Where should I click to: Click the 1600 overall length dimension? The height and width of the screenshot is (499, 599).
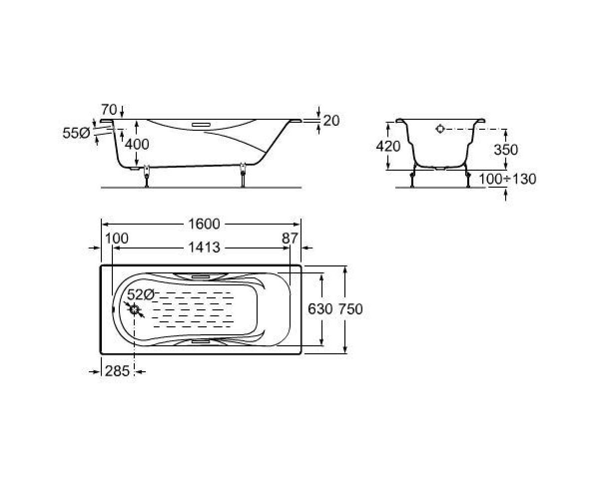pyautogui.click(x=204, y=224)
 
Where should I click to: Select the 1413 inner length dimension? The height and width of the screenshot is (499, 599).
pyautogui.click(x=204, y=248)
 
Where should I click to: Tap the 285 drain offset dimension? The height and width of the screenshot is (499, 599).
pyautogui.click(x=117, y=371)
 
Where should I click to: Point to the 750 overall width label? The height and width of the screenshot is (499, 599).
pyautogui.click(x=351, y=309)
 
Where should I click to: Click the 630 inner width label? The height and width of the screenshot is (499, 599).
pyautogui.click(x=320, y=309)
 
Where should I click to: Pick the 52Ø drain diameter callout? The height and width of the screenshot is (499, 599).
pyautogui.click(x=141, y=294)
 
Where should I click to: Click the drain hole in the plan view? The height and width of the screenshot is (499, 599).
pyautogui.click(x=134, y=309)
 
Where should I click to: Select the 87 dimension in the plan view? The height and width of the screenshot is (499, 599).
pyautogui.click(x=290, y=239)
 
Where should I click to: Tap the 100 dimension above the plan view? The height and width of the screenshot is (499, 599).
pyautogui.click(x=117, y=239)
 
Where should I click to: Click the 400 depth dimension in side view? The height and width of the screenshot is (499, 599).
pyautogui.click(x=137, y=144)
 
